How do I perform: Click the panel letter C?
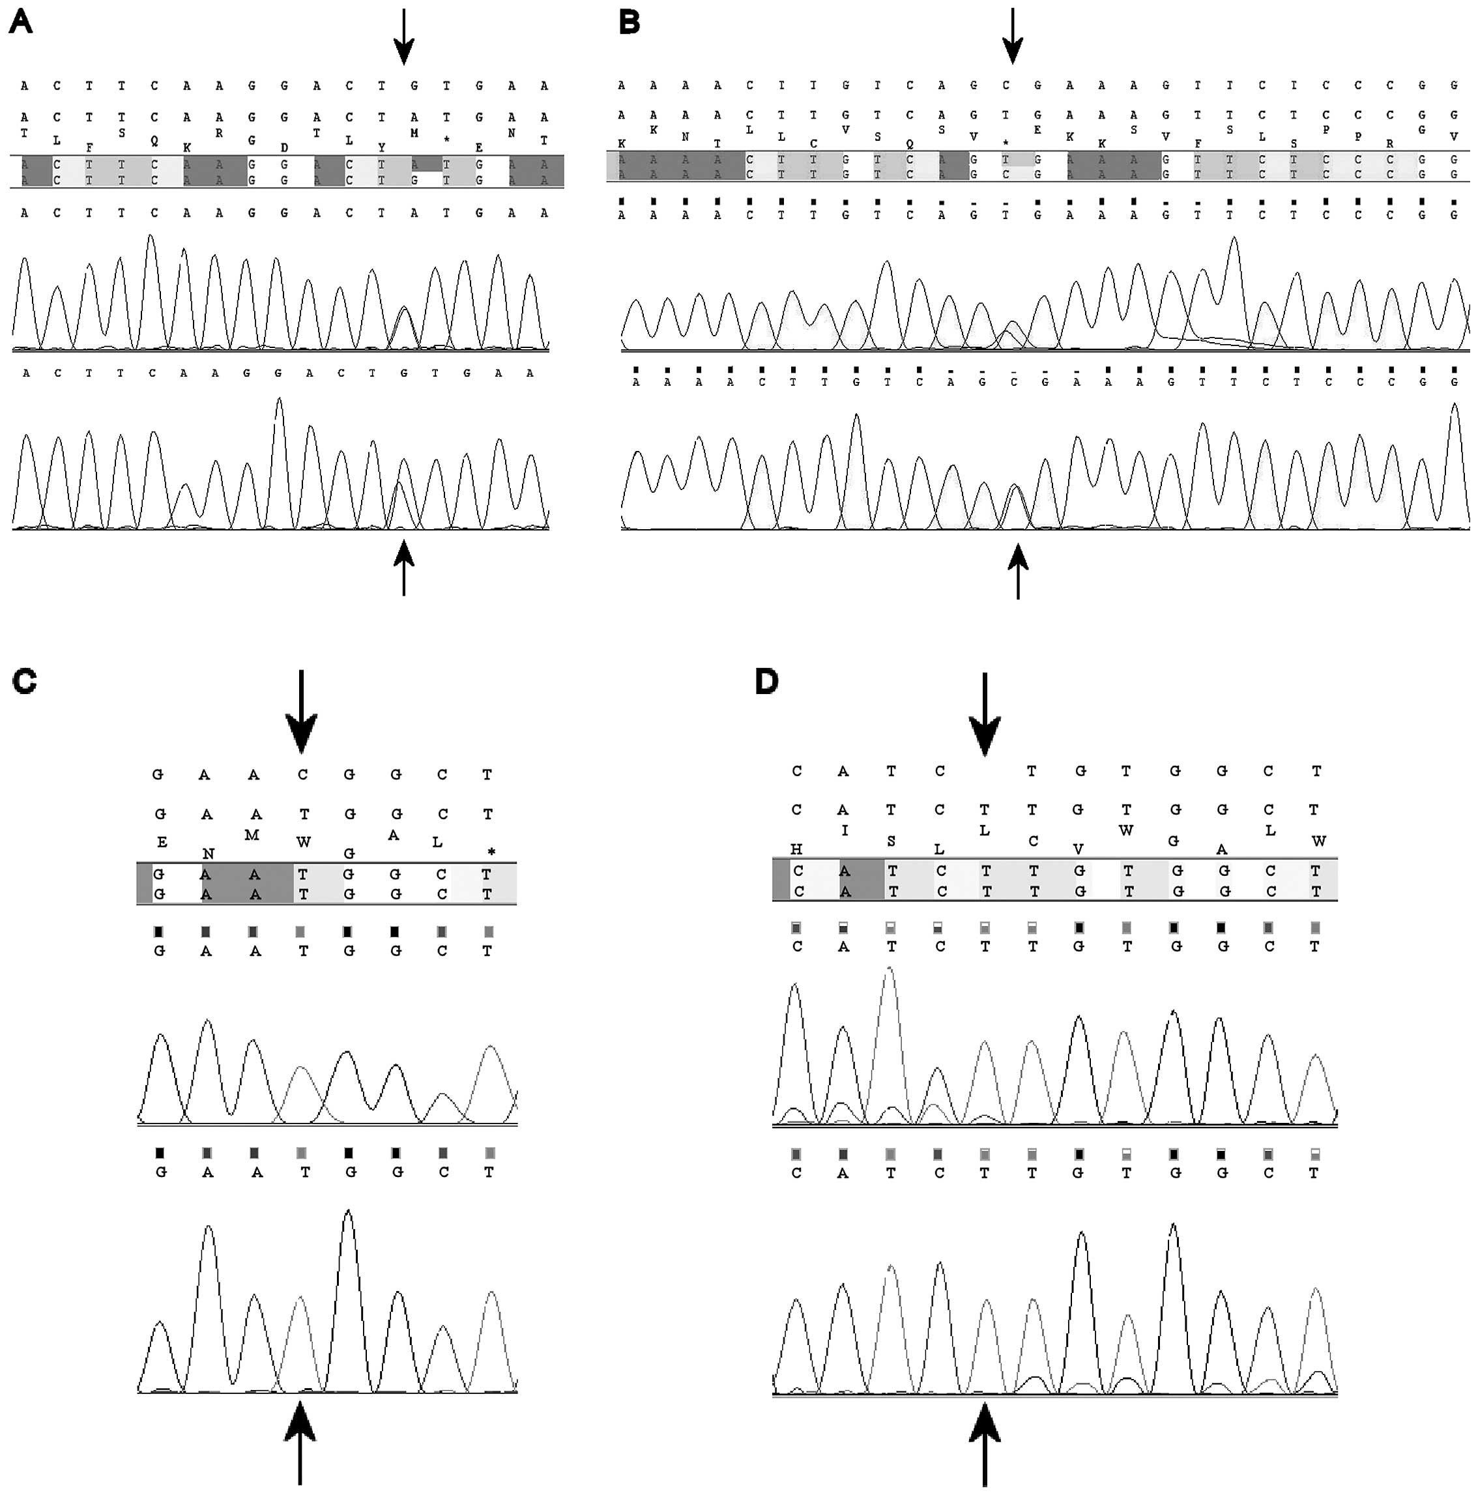coord(25,681)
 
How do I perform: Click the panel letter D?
coord(766,682)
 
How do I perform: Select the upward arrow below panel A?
coord(403,568)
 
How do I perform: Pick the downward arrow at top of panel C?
coord(301,712)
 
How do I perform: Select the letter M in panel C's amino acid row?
coord(252,835)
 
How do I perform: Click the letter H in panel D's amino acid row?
coord(796,850)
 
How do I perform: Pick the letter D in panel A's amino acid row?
coord(284,148)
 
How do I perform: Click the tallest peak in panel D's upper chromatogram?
coord(891,970)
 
